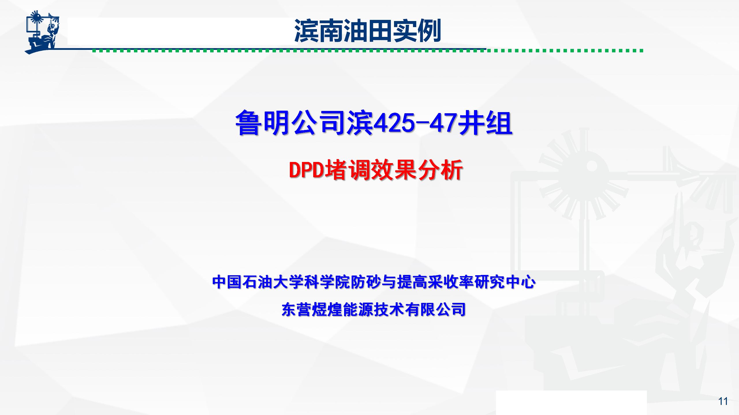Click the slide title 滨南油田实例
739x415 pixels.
pos(367,31)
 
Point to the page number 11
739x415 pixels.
pos(723,401)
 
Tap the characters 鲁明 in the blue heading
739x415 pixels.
pos(263,123)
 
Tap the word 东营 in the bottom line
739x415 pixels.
pos(296,309)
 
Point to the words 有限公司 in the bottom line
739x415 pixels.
pos(436,309)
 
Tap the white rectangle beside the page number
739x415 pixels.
pos(571,403)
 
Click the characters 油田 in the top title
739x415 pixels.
pos(367,31)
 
